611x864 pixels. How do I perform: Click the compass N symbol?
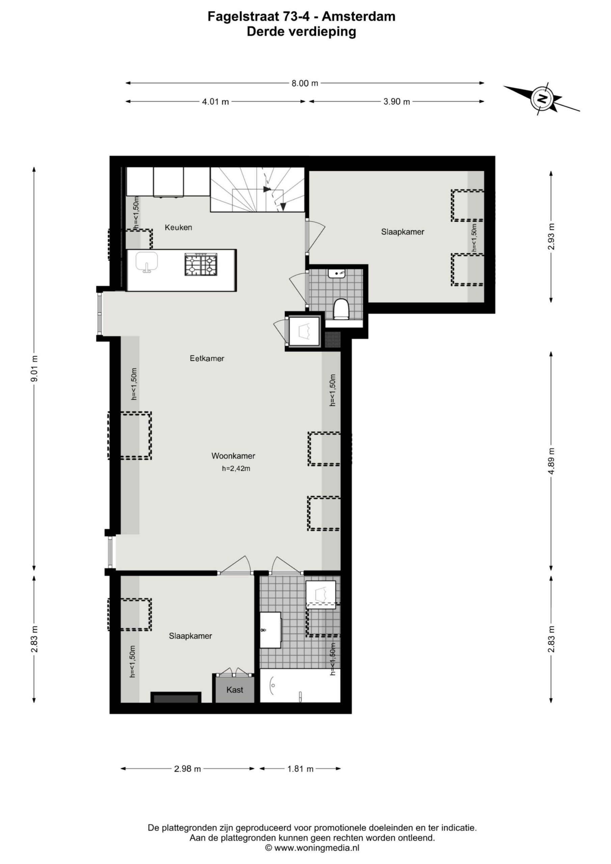tap(542, 99)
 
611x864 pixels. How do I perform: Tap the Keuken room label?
tap(179, 227)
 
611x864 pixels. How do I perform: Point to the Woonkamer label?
tap(233, 456)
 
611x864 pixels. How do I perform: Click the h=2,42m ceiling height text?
tap(236, 468)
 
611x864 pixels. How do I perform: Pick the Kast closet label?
tap(235, 690)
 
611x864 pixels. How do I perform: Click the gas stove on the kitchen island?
tap(201, 265)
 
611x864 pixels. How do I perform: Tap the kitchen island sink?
tap(147, 262)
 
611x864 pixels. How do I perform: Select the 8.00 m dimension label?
tap(304, 83)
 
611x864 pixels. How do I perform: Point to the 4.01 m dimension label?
tap(215, 102)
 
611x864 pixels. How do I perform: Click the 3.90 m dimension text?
tap(396, 102)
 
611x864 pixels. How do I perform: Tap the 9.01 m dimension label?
tap(34, 369)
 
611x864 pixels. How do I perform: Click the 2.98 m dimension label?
tap(187, 769)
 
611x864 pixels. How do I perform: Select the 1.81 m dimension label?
tap(300, 769)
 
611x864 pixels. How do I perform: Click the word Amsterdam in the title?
tap(359, 17)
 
